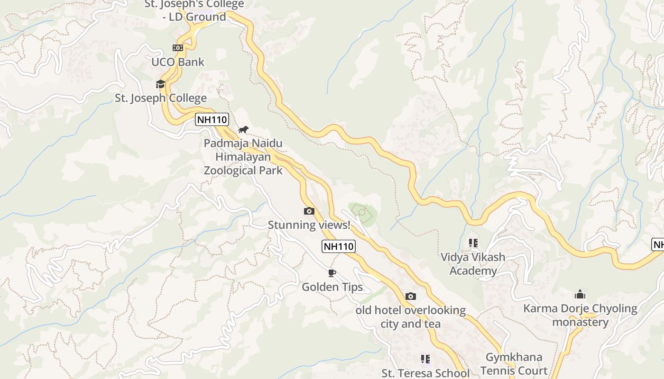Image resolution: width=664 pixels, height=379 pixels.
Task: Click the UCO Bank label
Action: (178, 62)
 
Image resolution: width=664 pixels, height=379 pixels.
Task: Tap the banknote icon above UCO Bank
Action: (177, 48)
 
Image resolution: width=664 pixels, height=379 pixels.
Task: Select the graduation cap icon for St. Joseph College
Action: (161, 84)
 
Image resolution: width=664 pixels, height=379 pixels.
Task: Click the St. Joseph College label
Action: (161, 98)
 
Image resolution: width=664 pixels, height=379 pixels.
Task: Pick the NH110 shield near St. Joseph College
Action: (212, 119)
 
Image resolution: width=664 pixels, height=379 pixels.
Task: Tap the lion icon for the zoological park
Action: (243, 129)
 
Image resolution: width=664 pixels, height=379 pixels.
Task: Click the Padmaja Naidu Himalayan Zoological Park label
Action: (243, 157)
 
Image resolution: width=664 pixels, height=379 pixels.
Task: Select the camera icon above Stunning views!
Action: (309, 211)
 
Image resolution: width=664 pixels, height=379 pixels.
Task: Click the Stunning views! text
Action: (309, 225)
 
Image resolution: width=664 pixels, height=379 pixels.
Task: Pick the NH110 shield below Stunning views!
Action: (338, 246)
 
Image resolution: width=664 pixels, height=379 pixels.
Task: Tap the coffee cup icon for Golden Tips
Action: (332, 273)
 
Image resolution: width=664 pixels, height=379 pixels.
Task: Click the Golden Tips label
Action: (332, 287)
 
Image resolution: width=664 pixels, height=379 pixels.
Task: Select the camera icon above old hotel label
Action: (411, 297)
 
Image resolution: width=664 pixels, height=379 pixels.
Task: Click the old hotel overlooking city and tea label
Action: (411, 317)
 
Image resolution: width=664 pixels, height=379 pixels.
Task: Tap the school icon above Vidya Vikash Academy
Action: (473, 243)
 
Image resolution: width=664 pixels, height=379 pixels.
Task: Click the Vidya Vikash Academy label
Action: (473, 264)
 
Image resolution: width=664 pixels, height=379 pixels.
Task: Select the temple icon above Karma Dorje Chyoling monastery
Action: (580, 295)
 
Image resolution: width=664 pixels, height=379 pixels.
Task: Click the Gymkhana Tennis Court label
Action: (514, 364)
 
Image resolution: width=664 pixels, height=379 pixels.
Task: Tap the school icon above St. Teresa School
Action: (425, 359)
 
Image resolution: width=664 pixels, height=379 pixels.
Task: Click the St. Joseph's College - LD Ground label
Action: (194, 10)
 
